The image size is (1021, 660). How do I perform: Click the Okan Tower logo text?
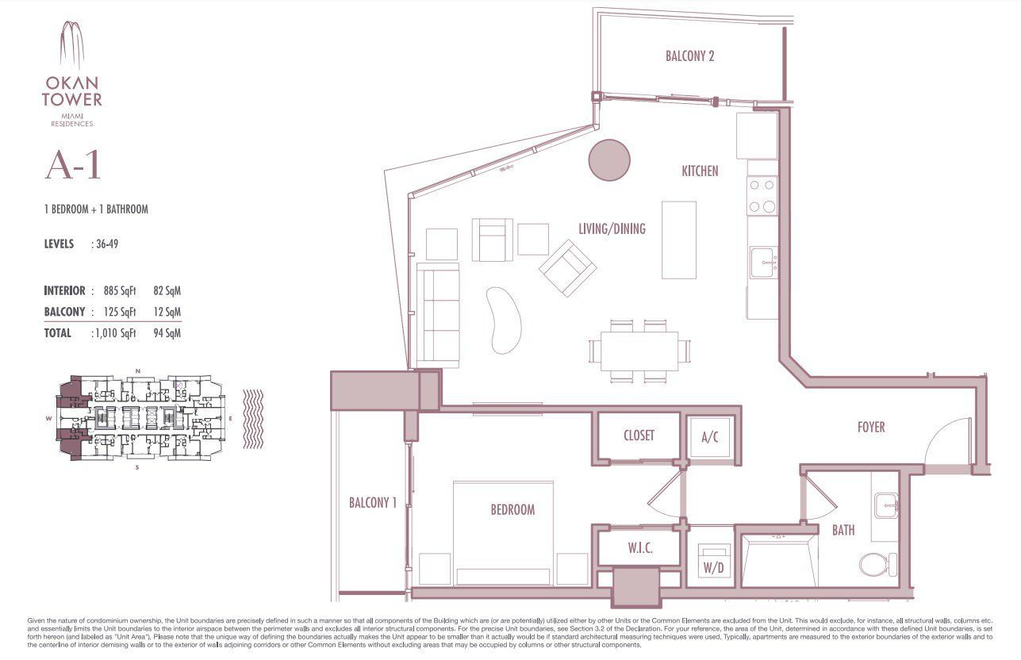pyautogui.click(x=72, y=91)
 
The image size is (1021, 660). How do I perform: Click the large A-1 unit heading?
pyautogui.click(x=73, y=165)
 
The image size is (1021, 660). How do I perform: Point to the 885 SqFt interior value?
pyautogui.click(x=120, y=291)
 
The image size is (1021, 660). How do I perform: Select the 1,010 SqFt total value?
pyautogui.click(x=116, y=333)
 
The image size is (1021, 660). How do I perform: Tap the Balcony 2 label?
pyautogui.click(x=689, y=56)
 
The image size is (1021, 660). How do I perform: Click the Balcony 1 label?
pyautogui.click(x=373, y=503)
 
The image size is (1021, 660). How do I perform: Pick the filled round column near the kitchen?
pyautogui.click(x=609, y=160)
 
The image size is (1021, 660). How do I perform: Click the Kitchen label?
pyautogui.click(x=700, y=171)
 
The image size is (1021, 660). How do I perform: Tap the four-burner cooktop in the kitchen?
pyautogui.click(x=762, y=195)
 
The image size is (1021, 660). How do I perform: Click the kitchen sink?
pyautogui.click(x=763, y=263)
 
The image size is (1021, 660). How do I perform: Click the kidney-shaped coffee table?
pyautogui.click(x=503, y=320)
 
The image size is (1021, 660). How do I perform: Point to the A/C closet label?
pyautogui.click(x=710, y=438)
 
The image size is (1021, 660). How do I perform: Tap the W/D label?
pyautogui.click(x=713, y=567)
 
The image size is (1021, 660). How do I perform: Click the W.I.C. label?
pyautogui.click(x=640, y=548)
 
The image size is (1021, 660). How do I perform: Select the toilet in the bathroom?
pyautogui.click(x=877, y=565)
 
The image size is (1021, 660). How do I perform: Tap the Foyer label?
pyautogui.click(x=871, y=427)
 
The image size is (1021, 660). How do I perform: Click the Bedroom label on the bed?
pyautogui.click(x=512, y=509)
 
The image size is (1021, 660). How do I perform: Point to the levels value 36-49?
pyautogui.click(x=107, y=244)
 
